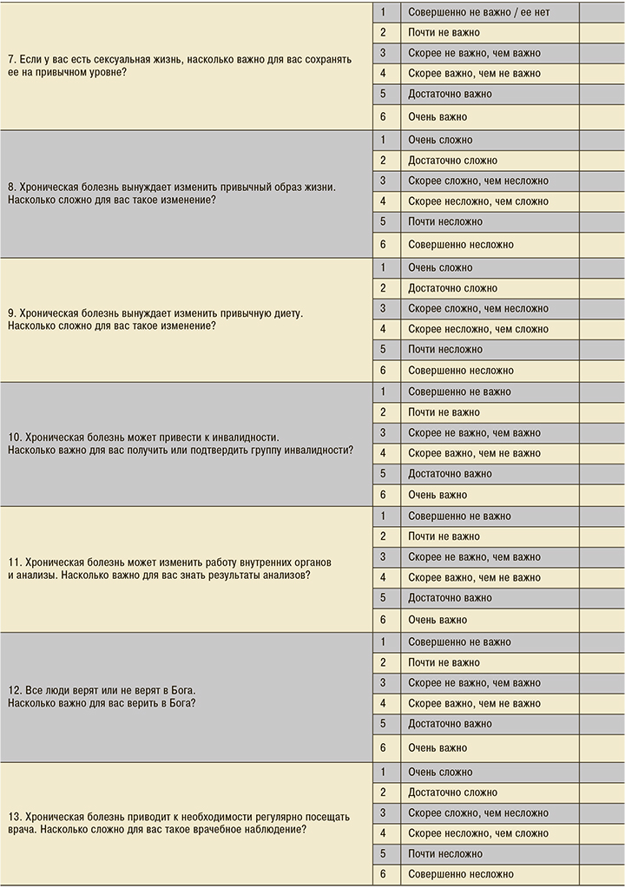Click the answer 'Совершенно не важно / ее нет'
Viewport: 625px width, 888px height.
click(x=478, y=12)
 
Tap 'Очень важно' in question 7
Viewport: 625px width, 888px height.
click(x=437, y=116)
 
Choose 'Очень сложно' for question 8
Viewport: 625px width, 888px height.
click(x=440, y=140)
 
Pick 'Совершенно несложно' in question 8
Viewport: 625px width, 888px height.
click(x=461, y=245)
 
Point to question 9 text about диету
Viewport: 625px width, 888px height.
click(x=155, y=319)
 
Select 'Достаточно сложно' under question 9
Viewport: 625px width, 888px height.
click(x=452, y=288)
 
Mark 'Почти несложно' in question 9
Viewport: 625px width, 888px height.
click(x=445, y=350)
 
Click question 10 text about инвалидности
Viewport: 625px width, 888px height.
click(x=180, y=444)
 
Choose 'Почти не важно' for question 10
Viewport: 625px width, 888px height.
click(x=444, y=412)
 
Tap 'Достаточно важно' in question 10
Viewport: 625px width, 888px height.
click(x=450, y=474)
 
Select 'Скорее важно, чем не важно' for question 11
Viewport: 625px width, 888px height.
click(x=474, y=577)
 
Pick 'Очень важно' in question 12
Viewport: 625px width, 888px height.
click(x=437, y=747)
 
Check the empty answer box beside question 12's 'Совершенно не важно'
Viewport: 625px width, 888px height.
click(x=602, y=642)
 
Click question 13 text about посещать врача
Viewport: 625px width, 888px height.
click(x=178, y=823)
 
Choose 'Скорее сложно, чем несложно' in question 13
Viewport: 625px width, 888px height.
click(x=478, y=813)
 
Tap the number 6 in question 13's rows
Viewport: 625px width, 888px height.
click(x=384, y=874)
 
